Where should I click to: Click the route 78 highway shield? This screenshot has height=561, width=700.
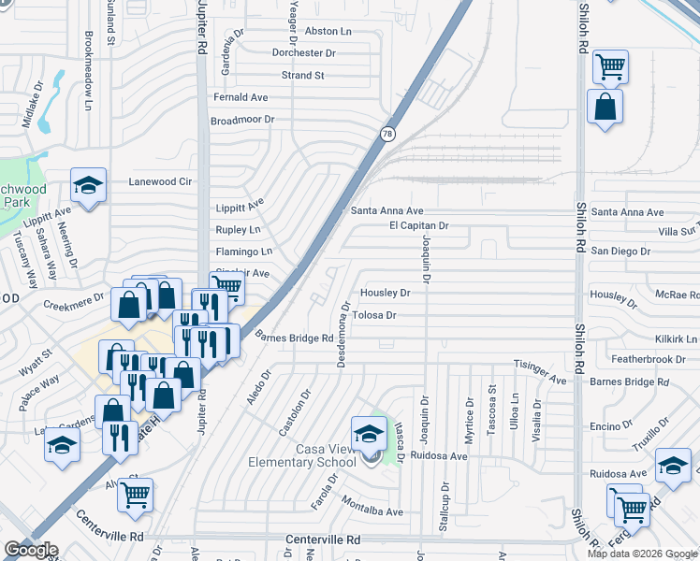pyautogui.click(x=387, y=135)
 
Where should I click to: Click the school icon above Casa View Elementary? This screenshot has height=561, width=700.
pyautogui.click(x=369, y=434)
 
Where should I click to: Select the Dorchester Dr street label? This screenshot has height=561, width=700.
pyautogui.click(x=303, y=53)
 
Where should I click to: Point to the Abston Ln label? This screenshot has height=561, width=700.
pyautogui.click(x=328, y=31)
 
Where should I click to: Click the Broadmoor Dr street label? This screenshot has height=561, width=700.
pyautogui.click(x=242, y=120)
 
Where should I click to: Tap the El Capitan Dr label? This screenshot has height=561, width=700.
pyautogui.click(x=419, y=225)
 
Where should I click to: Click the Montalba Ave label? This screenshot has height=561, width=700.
pyautogui.click(x=372, y=511)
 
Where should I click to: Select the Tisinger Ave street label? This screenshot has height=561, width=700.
pyautogui.click(x=541, y=371)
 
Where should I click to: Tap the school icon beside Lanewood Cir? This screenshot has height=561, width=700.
pyautogui.click(x=89, y=186)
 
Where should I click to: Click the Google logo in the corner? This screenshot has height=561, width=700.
pyautogui.click(x=31, y=550)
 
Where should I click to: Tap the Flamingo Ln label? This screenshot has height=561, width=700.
pyautogui.click(x=243, y=252)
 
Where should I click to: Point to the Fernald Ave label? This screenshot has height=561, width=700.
pyautogui.click(x=241, y=97)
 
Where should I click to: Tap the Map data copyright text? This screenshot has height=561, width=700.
pyautogui.click(x=642, y=554)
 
